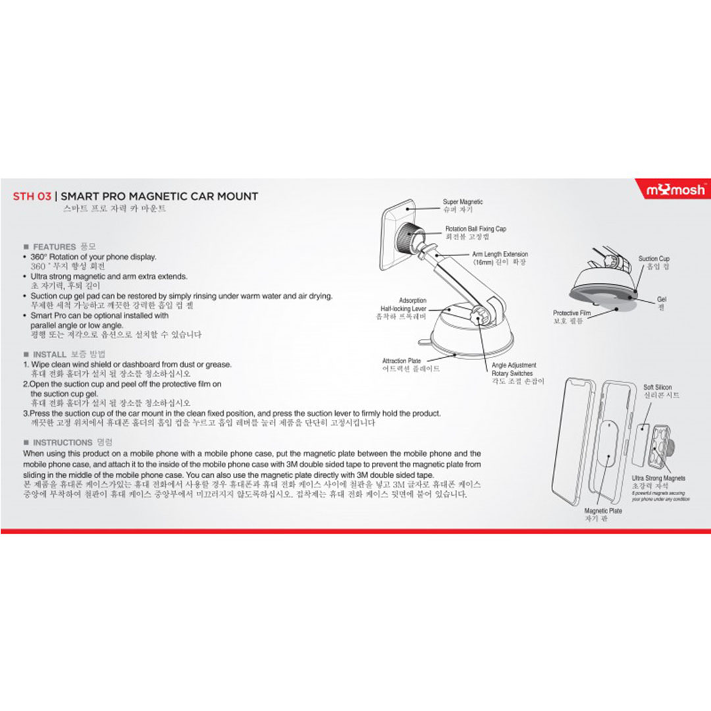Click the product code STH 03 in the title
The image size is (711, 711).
coord(32,196)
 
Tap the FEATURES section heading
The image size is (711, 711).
coord(55,247)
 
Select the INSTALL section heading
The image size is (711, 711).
coord(49,354)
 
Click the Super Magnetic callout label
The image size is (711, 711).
coord(463,201)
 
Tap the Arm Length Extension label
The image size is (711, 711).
coord(500,254)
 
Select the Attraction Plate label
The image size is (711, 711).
coord(402,361)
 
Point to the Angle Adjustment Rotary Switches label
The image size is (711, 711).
coord(513,369)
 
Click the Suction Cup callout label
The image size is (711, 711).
coord(654,259)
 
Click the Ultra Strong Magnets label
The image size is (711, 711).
coord(658,479)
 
